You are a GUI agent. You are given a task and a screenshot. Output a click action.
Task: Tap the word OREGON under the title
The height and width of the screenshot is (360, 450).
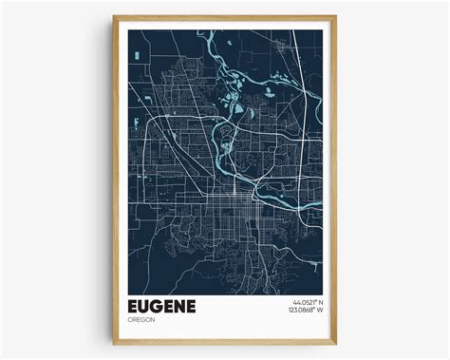(141, 327)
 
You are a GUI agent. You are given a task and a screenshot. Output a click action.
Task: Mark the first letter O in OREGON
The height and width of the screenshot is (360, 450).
(127, 327)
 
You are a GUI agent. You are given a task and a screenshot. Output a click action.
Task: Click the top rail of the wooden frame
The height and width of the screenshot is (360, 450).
(224, 17)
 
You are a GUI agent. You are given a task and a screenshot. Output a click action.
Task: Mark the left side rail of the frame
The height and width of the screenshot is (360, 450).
(115, 180)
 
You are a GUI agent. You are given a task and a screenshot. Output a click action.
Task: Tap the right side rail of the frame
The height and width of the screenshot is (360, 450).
(334, 180)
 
